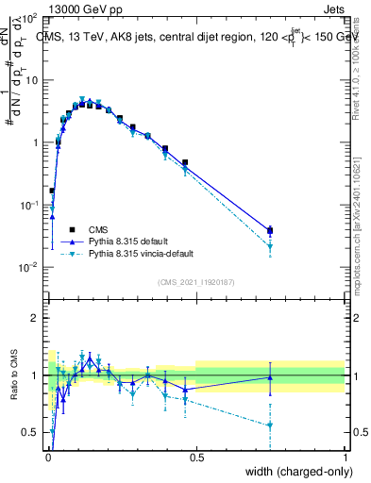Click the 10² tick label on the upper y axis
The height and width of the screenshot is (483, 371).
click(28, 19)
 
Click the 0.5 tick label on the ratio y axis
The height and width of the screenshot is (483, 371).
click(30, 432)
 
